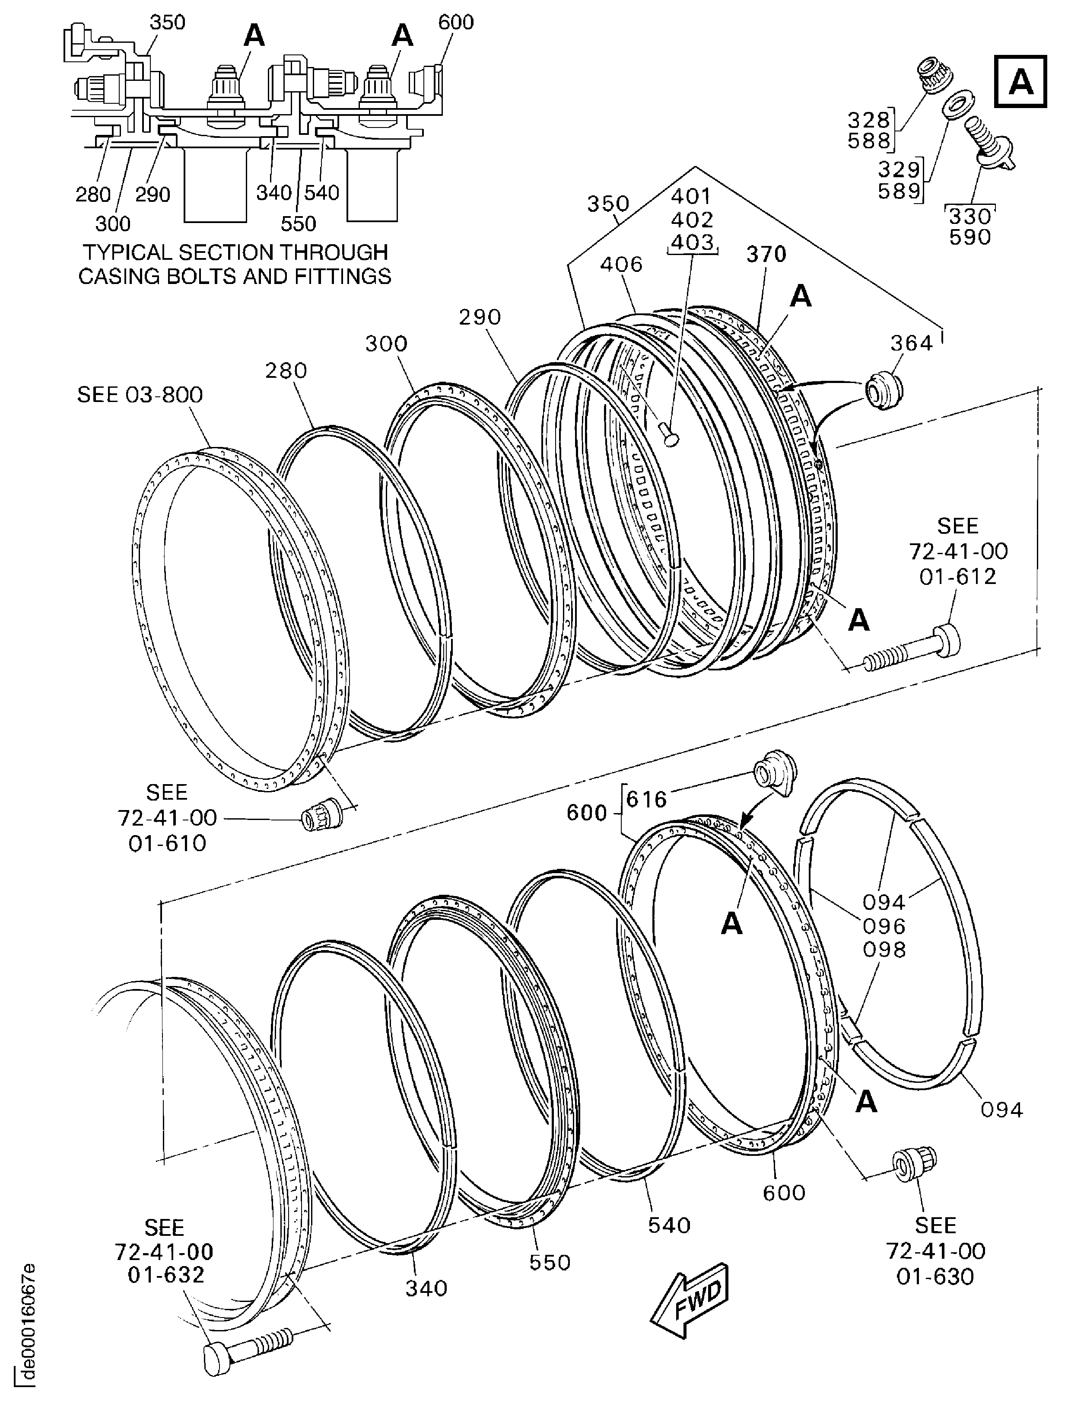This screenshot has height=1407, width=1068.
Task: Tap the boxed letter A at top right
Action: click(1021, 81)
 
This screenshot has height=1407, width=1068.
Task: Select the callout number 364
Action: click(912, 344)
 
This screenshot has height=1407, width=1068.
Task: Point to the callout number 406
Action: click(621, 264)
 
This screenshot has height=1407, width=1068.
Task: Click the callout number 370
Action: click(766, 255)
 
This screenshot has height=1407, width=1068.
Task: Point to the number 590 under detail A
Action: click(969, 237)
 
